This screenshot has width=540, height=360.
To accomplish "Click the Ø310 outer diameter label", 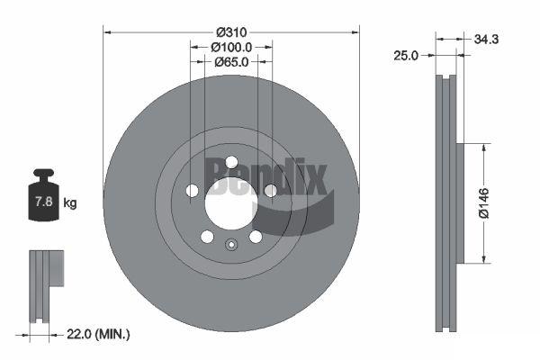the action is tap(231, 32).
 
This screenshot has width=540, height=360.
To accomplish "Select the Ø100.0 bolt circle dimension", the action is tap(231, 47).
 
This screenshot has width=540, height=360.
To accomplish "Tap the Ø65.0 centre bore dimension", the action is tap(231, 62).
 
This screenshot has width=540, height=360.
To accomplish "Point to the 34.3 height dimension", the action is tap(486, 40).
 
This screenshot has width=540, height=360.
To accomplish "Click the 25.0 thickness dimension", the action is tap(406, 56).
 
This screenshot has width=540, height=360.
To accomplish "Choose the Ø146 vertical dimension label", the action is tap(484, 202).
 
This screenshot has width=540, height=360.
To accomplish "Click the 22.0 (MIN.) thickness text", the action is tap(98, 334).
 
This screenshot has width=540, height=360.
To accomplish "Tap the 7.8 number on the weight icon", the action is tap(44, 202).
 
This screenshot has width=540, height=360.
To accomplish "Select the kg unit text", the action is tap(70, 202).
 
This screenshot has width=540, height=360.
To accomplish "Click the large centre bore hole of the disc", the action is tap(231, 203).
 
